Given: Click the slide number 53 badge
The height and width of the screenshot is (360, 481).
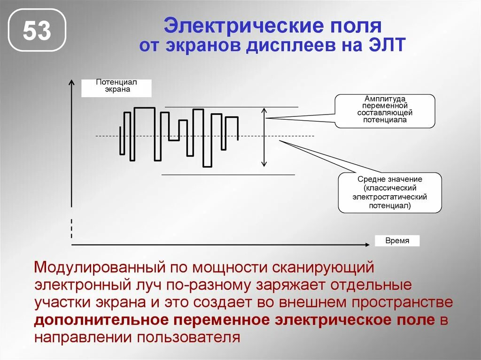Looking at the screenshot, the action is click(x=37, y=31).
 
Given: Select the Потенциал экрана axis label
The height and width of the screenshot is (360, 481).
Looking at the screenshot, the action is click(x=116, y=87).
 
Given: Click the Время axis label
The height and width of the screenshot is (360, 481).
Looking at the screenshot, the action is click(x=397, y=241).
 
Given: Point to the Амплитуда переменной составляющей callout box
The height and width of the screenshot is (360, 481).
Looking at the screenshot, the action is click(x=385, y=111).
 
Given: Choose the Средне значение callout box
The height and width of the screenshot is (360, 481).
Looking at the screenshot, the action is click(x=390, y=192).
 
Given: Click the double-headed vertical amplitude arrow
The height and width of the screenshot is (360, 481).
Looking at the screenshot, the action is click(x=264, y=137).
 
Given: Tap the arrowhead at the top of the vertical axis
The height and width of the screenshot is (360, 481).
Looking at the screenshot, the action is click(x=71, y=83).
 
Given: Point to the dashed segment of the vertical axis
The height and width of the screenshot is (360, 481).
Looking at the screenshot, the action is click(x=71, y=229).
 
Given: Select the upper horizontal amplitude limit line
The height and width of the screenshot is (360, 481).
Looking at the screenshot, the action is click(x=231, y=107).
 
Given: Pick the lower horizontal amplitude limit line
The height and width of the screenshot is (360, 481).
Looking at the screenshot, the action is click(x=228, y=175).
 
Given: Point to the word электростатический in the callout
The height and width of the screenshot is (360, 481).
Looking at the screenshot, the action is click(x=390, y=197).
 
